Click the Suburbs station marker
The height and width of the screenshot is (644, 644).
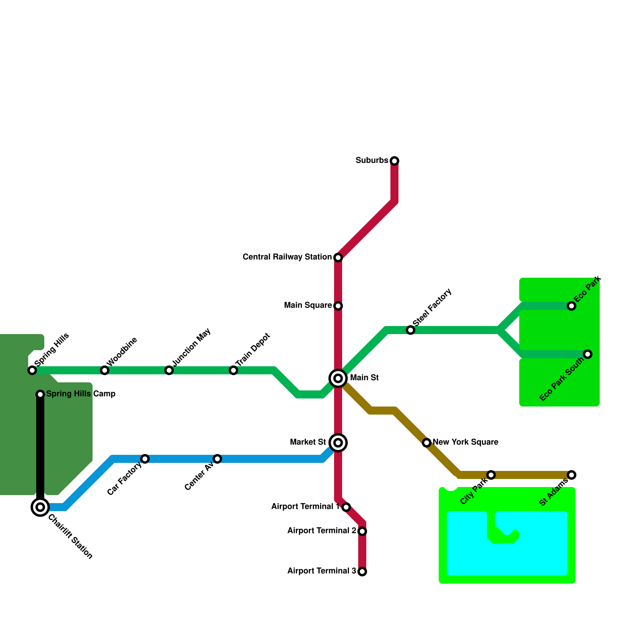(x=394, y=161)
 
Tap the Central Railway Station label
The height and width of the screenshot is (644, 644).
(x=287, y=257)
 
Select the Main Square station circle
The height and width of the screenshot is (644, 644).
(x=338, y=306)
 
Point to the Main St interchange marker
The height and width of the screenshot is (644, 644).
(x=338, y=378)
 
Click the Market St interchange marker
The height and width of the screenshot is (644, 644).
(x=338, y=443)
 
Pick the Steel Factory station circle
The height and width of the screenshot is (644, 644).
(x=411, y=330)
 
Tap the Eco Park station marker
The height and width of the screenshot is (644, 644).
(x=572, y=306)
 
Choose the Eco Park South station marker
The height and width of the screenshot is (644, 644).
(x=588, y=354)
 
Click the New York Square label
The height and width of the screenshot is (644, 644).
(x=465, y=442)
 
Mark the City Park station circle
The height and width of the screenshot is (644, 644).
(x=491, y=475)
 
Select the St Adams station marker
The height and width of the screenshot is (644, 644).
(x=572, y=475)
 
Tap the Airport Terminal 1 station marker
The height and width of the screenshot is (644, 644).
(x=346, y=507)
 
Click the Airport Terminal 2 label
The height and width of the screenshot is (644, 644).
(x=322, y=530)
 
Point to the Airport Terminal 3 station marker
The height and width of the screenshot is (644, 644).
(x=362, y=572)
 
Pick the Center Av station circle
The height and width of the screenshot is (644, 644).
(x=217, y=459)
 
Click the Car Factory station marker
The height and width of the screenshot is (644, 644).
(x=145, y=459)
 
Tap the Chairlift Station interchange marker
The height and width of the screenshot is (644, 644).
(x=40, y=507)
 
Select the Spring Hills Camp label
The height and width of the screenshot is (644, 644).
(x=81, y=394)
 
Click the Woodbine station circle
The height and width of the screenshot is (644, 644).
(x=105, y=370)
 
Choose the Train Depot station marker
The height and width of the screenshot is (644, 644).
(x=233, y=370)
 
